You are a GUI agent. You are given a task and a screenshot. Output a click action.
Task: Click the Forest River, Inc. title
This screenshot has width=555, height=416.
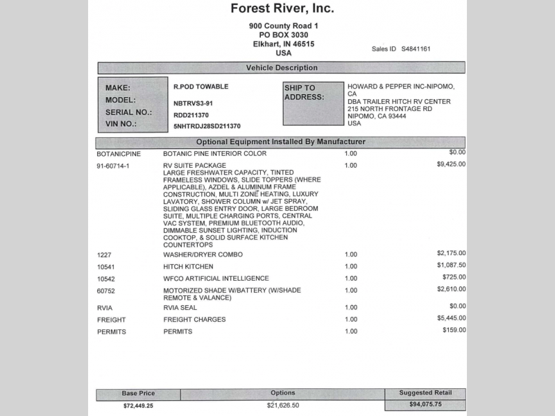(282, 9)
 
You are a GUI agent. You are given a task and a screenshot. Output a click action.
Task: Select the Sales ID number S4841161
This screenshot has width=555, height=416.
(416, 49)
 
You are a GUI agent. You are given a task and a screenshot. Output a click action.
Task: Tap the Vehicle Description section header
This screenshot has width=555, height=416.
(282, 68)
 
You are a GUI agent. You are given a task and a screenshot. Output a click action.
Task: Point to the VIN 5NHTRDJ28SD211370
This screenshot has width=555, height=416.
(207, 126)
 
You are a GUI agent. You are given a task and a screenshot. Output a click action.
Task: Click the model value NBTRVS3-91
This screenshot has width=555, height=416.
(193, 103)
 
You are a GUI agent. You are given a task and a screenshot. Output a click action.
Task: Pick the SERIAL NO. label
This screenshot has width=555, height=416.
(128, 112)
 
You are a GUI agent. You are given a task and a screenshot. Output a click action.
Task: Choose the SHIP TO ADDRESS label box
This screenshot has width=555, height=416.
(313, 103)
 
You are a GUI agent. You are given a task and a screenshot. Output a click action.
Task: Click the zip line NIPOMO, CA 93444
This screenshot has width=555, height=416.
(377, 116)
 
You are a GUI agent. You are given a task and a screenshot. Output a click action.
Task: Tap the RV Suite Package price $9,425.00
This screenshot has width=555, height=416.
(451, 164)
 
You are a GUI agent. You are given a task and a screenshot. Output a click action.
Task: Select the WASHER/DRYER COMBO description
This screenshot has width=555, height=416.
(203, 254)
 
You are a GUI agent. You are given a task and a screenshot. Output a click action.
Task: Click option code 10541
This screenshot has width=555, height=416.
(106, 266)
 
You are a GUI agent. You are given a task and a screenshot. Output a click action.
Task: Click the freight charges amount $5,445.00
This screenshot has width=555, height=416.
(451, 318)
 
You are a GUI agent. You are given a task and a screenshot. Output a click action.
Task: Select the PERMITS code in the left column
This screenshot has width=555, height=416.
(111, 332)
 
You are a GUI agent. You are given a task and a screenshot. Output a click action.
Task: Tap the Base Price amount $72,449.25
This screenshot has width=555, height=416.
(138, 405)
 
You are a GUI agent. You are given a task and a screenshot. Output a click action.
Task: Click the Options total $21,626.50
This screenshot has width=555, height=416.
(282, 405)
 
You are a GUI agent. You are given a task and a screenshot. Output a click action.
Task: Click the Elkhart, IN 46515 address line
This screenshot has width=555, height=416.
(283, 44)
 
